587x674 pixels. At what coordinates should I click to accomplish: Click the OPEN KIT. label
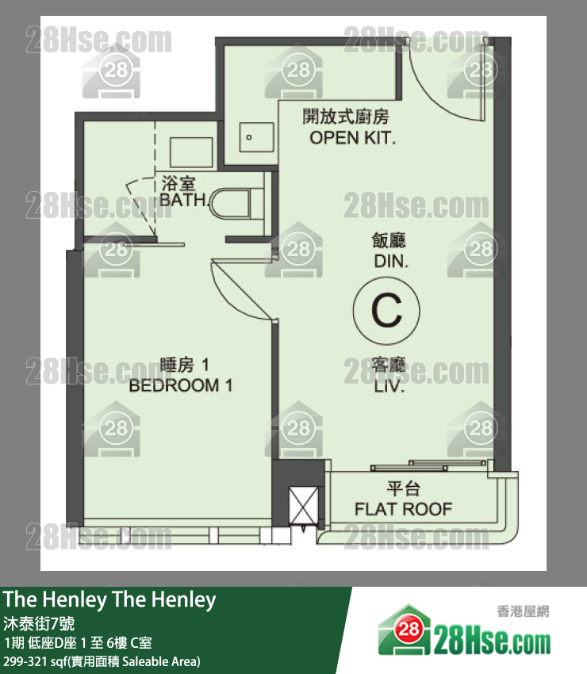[x=352, y=138]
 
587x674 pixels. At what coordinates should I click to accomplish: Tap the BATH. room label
[x=184, y=200]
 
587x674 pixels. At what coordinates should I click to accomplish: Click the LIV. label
[x=389, y=389]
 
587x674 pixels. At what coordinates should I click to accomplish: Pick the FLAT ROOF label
[x=403, y=508]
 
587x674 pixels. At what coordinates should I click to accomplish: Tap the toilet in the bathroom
[x=240, y=201]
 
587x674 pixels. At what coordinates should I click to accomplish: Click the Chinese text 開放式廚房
[x=346, y=117]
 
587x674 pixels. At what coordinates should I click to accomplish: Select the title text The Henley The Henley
[x=109, y=600]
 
